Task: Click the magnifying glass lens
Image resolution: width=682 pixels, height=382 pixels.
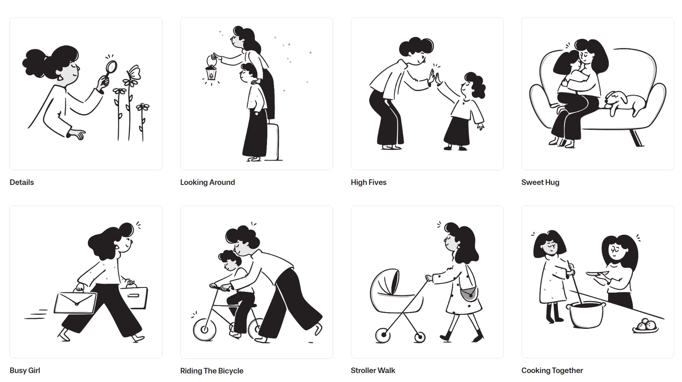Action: click(x=111, y=67)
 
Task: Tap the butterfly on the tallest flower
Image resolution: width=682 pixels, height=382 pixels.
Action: click(x=134, y=73)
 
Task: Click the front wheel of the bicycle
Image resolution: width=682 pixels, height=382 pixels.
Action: click(x=204, y=329)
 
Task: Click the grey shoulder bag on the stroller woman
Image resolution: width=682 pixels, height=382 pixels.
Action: click(x=469, y=294)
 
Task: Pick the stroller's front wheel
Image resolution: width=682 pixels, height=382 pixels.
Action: click(x=383, y=335)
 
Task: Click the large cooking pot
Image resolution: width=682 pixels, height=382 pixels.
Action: click(x=586, y=314)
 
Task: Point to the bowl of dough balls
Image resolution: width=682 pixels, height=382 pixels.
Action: click(x=645, y=326)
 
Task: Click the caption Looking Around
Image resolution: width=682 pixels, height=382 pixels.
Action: click(x=207, y=182)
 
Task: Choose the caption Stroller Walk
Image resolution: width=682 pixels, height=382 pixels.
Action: click(x=373, y=371)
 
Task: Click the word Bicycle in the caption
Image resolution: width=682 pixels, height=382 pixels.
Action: click(x=229, y=371)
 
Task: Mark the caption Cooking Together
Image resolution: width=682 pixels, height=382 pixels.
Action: click(x=552, y=371)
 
